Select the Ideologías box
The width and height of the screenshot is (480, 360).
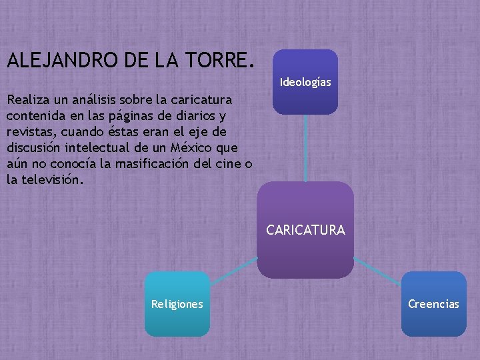point(305,82)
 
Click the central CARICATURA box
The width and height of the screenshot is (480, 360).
point(305,230)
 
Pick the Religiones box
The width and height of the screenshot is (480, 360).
point(177,304)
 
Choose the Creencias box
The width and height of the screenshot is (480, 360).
point(433,304)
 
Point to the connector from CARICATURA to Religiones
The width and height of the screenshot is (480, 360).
point(233,266)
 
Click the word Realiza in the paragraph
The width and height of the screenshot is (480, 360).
point(27,100)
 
